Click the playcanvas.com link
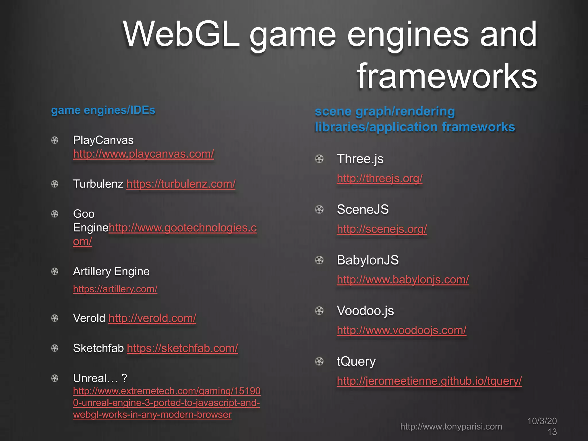click(x=143, y=154)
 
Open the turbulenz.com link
click(x=181, y=184)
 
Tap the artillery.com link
click(x=115, y=289)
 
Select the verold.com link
click(x=152, y=318)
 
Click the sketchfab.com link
click(x=182, y=348)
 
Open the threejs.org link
click(x=380, y=179)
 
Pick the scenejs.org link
click(x=382, y=229)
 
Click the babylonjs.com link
click(x=403, y=280)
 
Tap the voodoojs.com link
click(x=401, y=330)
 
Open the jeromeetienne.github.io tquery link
click(x=429, y=381)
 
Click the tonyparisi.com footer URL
click(x=451, y=427)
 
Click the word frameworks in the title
click(x=447, y=76)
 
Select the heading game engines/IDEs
click(x=103, y=110)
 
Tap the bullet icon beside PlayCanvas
click(x=55, y=140)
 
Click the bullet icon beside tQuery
click(x=319, y=361)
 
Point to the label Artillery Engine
click(x=111, y=272)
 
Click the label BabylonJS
click(x=368, y=260)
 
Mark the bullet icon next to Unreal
click(x=55, y=378)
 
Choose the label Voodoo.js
click(x=365, y=311)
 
